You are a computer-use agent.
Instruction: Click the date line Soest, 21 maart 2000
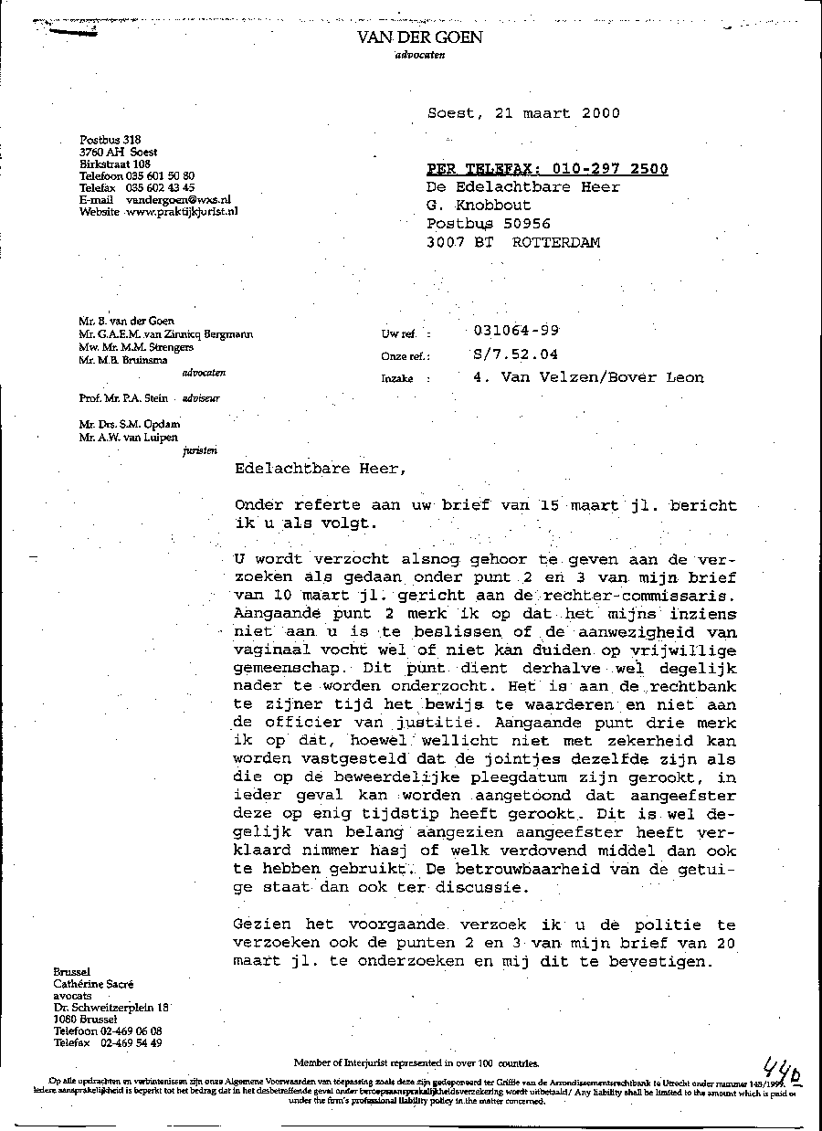coord(523,113)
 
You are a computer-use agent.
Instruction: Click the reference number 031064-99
coord(517,331)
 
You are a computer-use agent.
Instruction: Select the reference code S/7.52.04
coord(515,354)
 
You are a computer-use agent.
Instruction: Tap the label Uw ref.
coord(398,335)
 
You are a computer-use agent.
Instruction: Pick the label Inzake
coord(398,378)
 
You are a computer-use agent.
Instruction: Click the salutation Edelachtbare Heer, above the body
coord(317,469)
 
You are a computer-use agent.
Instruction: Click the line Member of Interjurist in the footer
coord(416,1063)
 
